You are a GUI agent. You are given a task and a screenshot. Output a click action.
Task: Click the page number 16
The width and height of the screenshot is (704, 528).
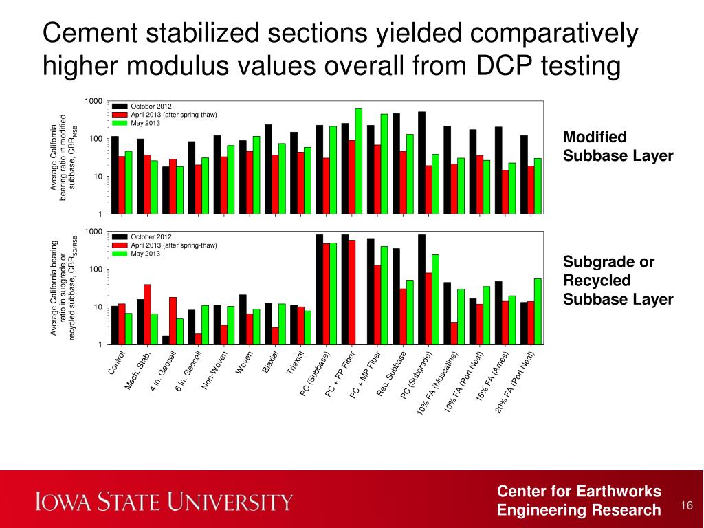coord(685,506)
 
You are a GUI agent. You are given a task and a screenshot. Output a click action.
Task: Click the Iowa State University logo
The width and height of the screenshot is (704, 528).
coord(165,500)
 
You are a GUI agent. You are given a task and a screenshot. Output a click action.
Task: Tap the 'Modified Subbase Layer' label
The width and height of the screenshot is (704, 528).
coord(618,146)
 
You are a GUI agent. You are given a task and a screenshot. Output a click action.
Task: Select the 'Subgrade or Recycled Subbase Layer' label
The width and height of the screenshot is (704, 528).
coord(618,280)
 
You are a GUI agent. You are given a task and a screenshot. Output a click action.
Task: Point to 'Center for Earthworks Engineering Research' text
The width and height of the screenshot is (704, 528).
coord(579,500)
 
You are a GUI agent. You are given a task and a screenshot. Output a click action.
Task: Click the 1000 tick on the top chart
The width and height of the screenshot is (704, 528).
coord(93,102)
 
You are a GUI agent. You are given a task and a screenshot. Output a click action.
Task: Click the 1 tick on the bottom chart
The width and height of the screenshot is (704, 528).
coord(100,344)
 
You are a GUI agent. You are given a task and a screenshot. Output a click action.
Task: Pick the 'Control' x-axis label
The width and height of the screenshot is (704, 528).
coord(117,363)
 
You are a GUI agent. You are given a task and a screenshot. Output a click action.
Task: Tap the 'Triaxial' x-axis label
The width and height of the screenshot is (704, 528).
coord(296,363)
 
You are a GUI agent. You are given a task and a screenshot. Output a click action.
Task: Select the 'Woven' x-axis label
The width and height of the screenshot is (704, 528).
coord(245,363)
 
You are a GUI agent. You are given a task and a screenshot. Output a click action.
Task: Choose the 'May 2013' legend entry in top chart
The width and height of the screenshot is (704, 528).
coord(145,123)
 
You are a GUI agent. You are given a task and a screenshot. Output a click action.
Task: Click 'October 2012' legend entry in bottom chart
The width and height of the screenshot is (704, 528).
coord(151,237)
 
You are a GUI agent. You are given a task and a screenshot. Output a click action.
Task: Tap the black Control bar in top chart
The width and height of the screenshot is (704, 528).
coord(115,175)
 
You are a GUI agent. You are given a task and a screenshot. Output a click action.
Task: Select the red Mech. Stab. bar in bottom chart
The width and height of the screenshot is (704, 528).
coord(147,313)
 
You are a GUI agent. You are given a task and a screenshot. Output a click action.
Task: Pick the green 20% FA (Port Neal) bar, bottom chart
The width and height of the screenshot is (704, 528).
coord(538,311)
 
